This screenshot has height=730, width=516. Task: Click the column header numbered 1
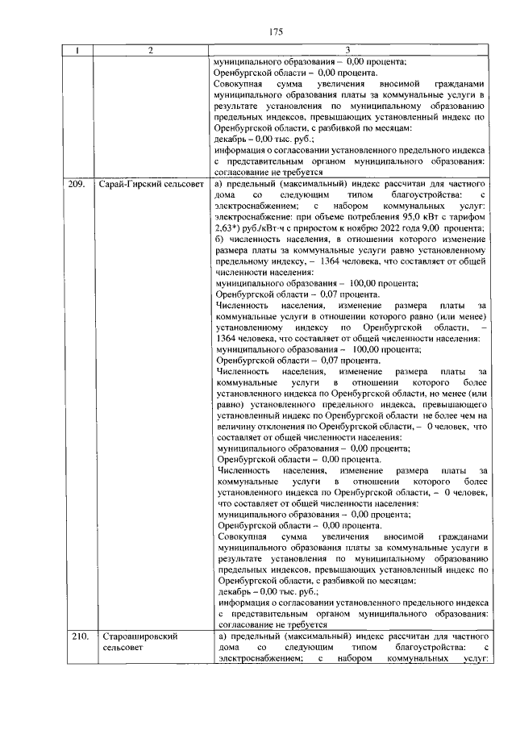tap(77, 52)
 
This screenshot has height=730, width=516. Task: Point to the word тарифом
tap(465, 217)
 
